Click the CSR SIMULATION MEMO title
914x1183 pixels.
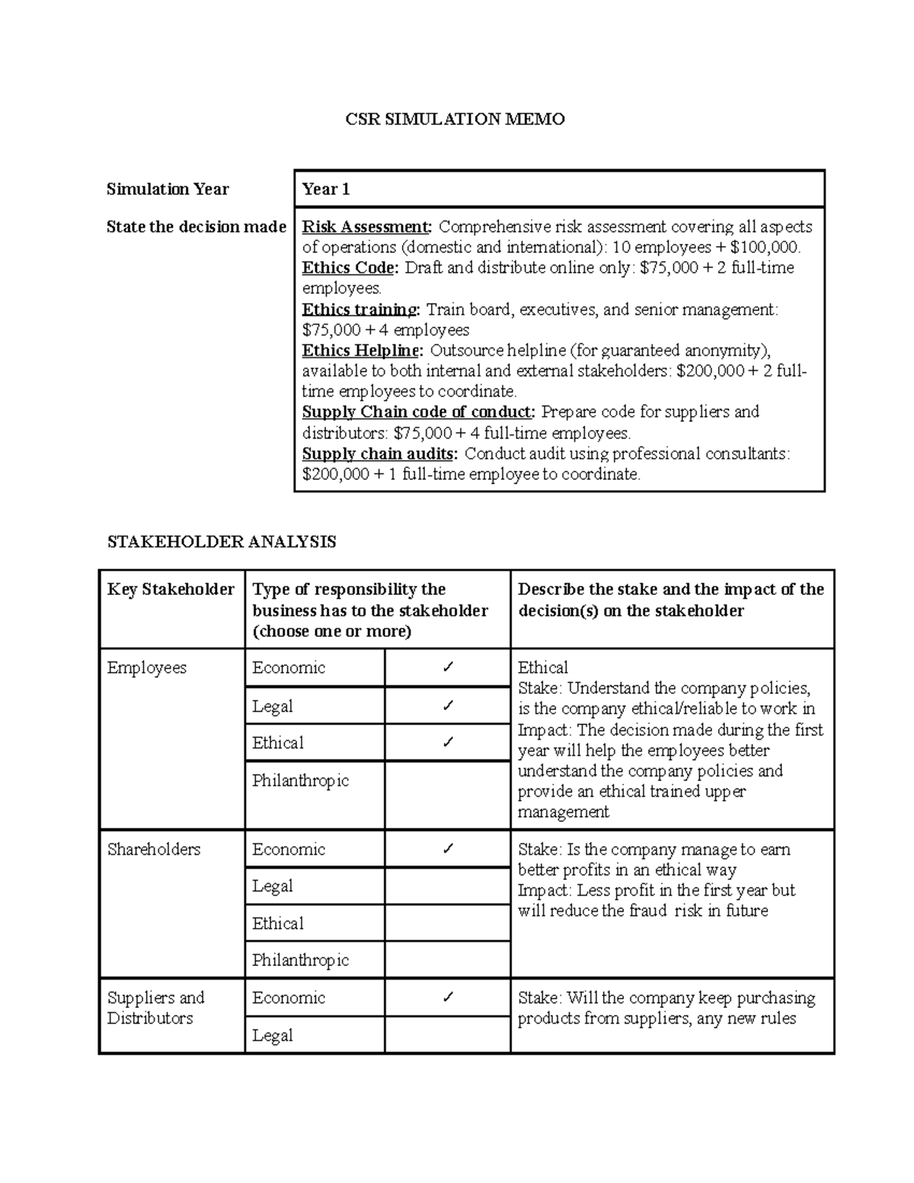click(x=455, y=119)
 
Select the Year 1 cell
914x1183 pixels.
click(x=326, y=189)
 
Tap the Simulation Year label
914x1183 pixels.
click(x=168, y=189)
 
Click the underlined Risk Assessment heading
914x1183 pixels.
click(x=366, y=227)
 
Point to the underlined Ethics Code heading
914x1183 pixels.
click(x=350, y=268)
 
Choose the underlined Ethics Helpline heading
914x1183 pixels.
click(x=362, y=350)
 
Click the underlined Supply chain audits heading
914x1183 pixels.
click(x=379, y=454)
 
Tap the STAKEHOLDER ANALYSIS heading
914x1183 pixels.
click(x=221, y=542)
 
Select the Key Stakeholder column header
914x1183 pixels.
click(x=171, y=590)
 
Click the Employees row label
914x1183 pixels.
click(x=147, y=668)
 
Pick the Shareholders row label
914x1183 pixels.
click(x=154, y=849)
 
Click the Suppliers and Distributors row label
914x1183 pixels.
click(x=156, y=1008)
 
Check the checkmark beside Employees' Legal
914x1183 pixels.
click(x=448, y=706)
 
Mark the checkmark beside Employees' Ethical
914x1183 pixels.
click(x=448, y=742)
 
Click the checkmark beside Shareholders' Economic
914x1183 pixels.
click(x=448, y=849)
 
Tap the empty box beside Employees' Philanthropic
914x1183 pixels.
click(x=448, y=795)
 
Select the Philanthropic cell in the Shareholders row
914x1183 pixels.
click(x=300, y=961)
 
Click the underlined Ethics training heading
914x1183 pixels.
click(x=360, y=310)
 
